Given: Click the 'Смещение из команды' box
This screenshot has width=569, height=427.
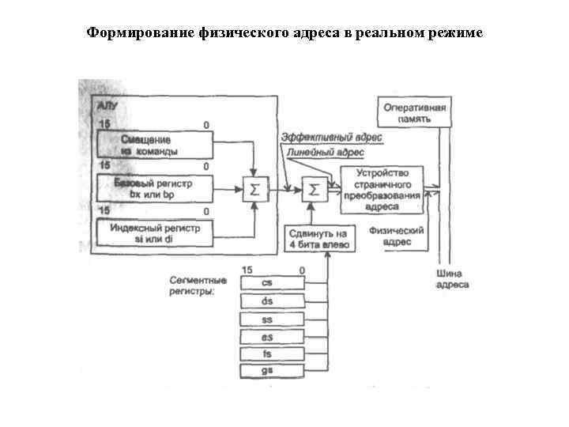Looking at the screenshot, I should point(155,145).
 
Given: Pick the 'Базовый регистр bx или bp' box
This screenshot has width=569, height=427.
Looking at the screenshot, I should point(155,188).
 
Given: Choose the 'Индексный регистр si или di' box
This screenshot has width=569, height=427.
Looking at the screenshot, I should point(155,232).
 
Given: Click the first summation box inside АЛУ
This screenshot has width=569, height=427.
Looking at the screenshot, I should point(254,189).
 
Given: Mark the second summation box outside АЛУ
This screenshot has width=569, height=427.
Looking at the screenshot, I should point(313,189).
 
